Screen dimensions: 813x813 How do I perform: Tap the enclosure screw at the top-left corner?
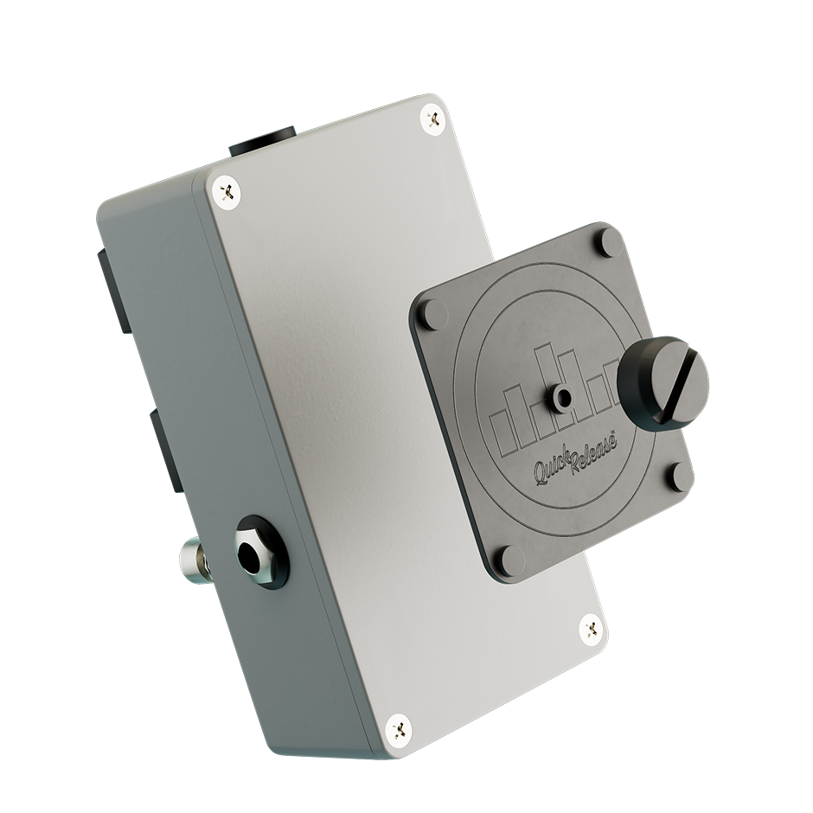coord(227,192)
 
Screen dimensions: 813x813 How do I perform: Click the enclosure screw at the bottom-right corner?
coord(592,630)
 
